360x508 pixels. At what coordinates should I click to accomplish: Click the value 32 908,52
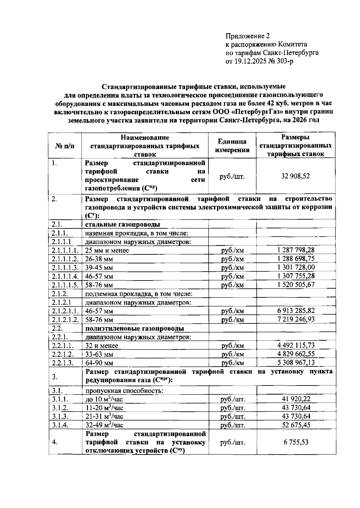295,176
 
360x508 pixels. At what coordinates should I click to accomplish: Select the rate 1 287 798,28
296,250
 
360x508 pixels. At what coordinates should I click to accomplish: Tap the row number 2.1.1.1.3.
65,268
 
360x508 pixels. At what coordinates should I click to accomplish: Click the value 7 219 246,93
296,319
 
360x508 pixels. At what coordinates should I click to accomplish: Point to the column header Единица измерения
232,146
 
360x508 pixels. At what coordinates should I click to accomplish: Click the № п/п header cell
65,146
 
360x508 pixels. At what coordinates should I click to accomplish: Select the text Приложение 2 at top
247,36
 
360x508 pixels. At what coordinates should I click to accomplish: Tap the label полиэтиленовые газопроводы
134,328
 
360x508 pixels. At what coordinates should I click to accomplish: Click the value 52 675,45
296,425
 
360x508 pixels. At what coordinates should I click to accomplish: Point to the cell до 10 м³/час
104,399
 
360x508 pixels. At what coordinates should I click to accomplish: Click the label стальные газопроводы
122,224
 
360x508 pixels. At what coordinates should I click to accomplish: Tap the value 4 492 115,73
296,345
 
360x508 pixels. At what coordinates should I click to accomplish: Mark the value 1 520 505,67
296,284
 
